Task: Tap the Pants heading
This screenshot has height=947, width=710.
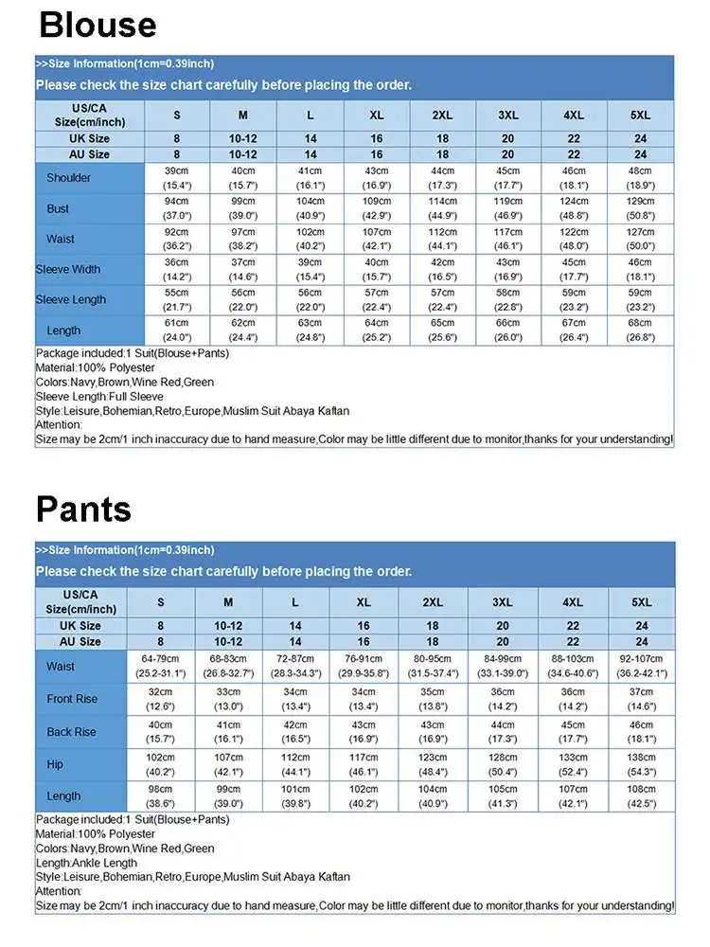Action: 83,509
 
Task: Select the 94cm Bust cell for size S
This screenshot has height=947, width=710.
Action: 177,208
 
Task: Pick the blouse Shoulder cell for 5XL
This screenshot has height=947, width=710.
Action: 640,178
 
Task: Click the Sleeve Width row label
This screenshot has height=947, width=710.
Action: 68,270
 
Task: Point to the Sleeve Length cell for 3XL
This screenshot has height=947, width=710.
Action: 507,300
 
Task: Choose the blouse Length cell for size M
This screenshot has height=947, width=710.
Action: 242,331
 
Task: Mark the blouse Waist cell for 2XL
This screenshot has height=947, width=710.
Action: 442,239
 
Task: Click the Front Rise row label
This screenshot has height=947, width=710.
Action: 72,700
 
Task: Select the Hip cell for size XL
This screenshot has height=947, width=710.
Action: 364,763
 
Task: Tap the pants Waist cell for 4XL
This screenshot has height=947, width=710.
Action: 573,667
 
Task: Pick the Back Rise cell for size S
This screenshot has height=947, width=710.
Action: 160,731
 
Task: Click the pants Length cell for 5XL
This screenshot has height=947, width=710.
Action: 641,795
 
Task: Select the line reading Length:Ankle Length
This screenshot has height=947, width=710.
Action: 86,863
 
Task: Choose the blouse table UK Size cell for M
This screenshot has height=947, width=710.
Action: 242,139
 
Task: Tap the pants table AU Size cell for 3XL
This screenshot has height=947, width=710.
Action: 502,641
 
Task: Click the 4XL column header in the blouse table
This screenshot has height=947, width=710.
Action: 574,115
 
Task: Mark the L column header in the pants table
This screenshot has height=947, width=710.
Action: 295,602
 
